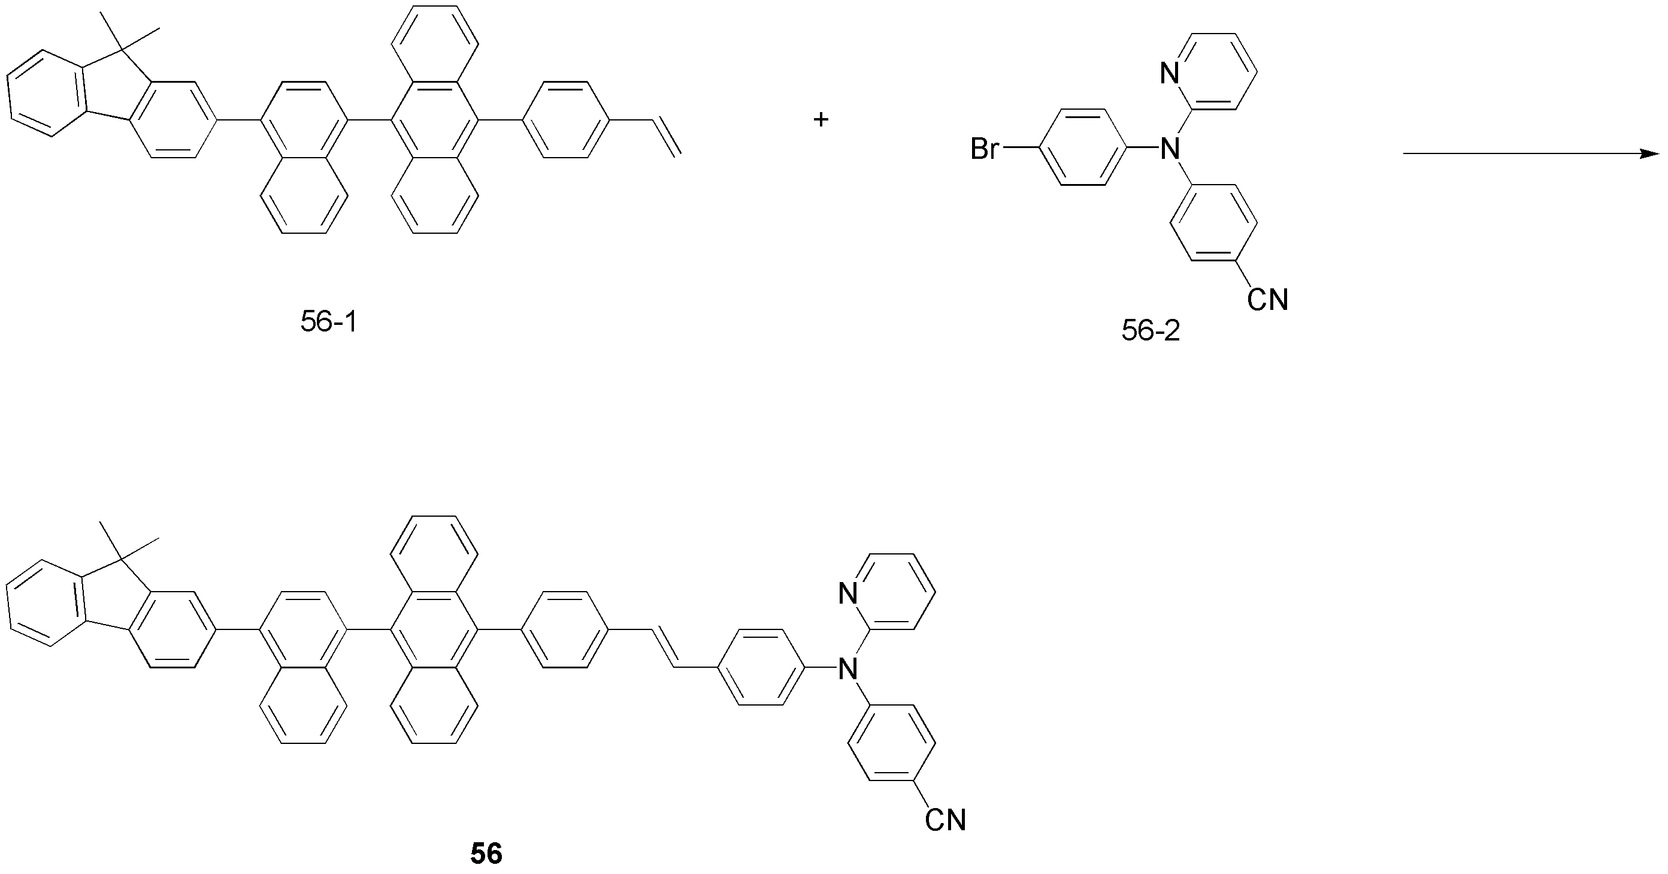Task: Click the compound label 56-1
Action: coord(329,321)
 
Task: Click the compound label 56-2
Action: coord(1151,331)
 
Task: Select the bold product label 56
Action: coord(486,854)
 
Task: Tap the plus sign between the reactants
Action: coord(821,119)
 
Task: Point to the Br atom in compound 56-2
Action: coord(984,150)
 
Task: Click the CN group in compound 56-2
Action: coord(1267,299)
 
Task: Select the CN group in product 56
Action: coord(945,819)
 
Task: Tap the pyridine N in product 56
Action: coord(847,593)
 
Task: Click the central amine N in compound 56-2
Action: coord(1170,149)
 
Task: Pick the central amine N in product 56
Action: coord(847,668)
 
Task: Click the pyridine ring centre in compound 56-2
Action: coord(1213,71)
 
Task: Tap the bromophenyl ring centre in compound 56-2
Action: coord(1083,147)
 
